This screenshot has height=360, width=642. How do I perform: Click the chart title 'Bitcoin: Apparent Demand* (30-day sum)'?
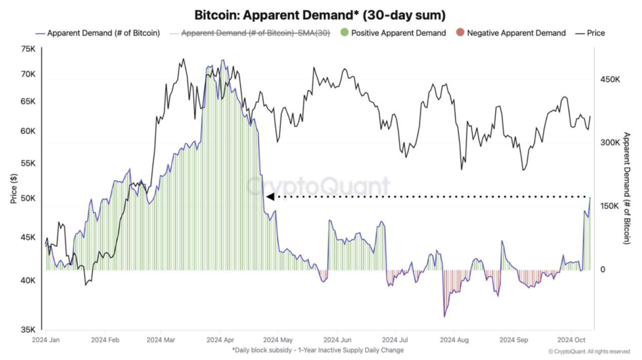click(319, 14)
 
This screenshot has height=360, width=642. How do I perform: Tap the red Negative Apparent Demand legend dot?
click(460, 33)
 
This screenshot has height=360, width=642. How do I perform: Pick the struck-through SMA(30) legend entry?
click(255, 33)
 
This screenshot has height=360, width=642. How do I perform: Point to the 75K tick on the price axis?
click(28, 49)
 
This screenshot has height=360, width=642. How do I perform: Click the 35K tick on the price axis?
click(28, 330)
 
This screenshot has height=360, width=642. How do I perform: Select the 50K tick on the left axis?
click(28, 198)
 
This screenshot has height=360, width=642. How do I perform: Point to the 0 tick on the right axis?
click(602, 270)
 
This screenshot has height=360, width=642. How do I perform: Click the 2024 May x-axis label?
click(279, 340)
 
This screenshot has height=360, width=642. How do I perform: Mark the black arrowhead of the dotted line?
click(270, 197)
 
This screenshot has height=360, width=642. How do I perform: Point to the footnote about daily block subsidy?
click(318, 350)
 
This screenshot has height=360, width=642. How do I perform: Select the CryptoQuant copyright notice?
click(589, 351)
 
